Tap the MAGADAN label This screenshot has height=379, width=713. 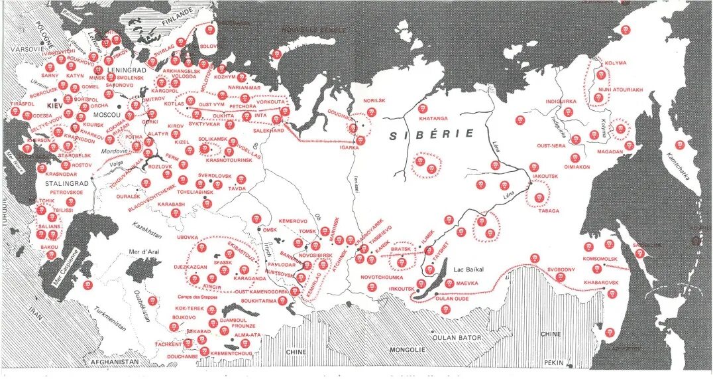[x=610, y=152]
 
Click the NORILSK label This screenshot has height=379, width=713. [x=374, y=101]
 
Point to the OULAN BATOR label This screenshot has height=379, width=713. [x=457, y=338]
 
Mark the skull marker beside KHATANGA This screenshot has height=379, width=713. [x=422, y=108]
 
